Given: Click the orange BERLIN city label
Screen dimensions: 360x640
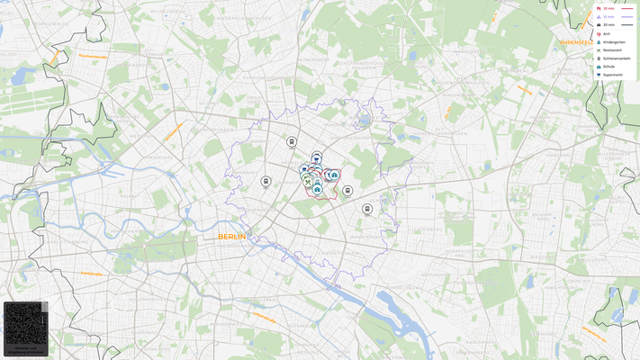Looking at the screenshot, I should click(231, 236).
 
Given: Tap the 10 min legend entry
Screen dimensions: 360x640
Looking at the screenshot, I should click(608, 8).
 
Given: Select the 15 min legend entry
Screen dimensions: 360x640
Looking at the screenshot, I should click(608, 16).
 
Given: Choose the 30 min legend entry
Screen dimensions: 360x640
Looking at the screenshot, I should click(608, 24).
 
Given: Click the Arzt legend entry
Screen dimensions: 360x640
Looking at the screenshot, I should click(606, 34).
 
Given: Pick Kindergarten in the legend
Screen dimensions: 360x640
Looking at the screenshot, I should click(612, 42).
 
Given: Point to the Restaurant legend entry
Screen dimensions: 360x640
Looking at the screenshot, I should click(611, 50).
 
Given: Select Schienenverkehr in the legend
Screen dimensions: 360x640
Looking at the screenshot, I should click(615, 58).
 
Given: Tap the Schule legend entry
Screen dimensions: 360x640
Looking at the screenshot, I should click(608, 67).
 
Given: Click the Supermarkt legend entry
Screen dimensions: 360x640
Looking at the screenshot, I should click(612, 75).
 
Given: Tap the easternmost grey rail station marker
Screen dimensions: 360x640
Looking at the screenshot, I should click(367, 209).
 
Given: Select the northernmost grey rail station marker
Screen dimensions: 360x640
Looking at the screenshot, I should click(292, 141).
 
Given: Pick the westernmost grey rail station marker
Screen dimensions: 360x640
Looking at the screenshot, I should click(266, 181).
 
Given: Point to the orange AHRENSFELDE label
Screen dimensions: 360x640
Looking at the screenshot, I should click(577, 42).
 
